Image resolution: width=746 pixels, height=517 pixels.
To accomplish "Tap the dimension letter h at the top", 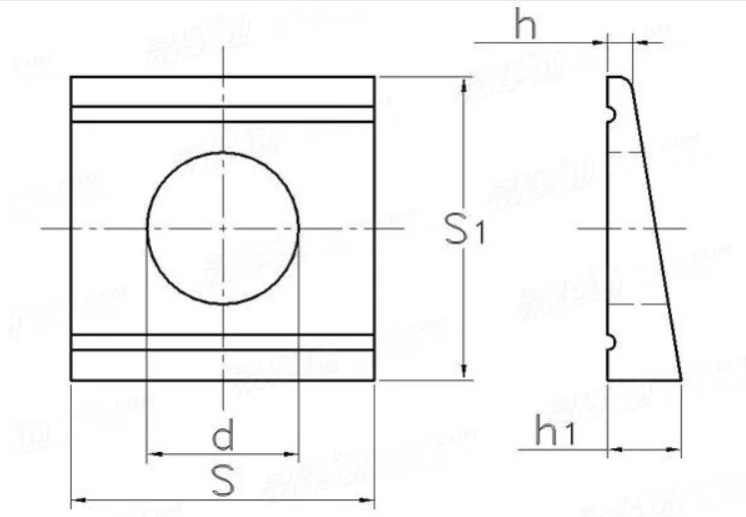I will (x=525, y=25).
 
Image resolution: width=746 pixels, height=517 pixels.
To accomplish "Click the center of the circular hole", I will (x=224, y=229).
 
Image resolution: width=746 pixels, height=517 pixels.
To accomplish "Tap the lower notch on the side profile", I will (x=610, y=343).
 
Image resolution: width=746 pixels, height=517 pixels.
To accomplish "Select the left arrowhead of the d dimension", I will (x=154, y=456).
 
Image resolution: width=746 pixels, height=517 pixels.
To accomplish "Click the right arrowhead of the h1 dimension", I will (x=675, y=451).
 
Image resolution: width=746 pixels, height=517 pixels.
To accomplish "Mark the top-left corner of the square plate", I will (x=71, y=77).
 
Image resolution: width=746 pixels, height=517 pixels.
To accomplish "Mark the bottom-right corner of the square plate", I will (x=374, y=380).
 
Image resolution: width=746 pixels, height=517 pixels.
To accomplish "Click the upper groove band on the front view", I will (x=223, y=114).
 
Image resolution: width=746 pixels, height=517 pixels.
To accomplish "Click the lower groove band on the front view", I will (x=223, y=343).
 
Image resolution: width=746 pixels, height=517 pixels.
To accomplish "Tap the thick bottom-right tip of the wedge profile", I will (x=681, y=379).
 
